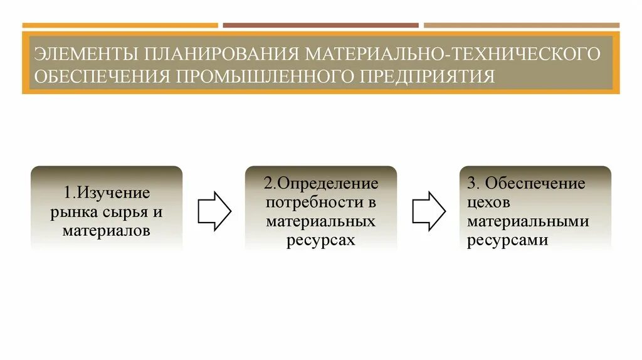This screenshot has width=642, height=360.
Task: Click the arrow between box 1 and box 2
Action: [214, 211]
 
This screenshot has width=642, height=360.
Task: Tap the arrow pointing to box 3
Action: [429, 211]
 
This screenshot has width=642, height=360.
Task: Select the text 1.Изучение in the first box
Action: [107, 193]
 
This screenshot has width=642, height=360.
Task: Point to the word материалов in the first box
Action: [107, 231]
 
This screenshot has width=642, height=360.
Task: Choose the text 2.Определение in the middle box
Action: [321, 184]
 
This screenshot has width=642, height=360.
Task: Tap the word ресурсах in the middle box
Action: [321, 240]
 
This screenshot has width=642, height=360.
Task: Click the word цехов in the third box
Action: [489, 203]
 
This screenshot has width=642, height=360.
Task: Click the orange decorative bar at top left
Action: [120, 26]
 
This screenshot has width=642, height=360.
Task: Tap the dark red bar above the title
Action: [320, 26]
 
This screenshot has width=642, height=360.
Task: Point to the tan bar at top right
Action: [521, 26]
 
